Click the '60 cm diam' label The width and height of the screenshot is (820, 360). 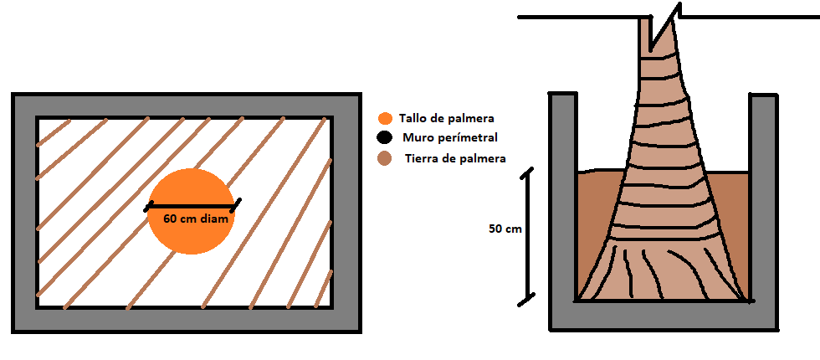coord(196,219)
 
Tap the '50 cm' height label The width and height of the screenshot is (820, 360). coord(505,229)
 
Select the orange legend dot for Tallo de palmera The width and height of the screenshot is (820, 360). coord(386,119)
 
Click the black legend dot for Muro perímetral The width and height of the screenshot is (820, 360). coord(384,138)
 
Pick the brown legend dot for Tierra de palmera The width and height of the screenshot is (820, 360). coord(385,158)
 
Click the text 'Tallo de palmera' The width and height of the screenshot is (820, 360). coord(446,118)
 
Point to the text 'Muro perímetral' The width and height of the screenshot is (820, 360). coord(450,137)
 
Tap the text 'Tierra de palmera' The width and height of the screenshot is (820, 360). coord(455,158)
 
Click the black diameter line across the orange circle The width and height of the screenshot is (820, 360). coord(192,206)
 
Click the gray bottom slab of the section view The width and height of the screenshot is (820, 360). coord(664,316)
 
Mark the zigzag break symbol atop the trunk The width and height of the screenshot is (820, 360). coord(664,27)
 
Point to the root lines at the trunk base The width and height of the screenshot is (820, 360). coord(663,272)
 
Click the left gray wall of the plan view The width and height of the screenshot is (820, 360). coord(24,213)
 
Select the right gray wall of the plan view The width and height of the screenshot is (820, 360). coord(346,213)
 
